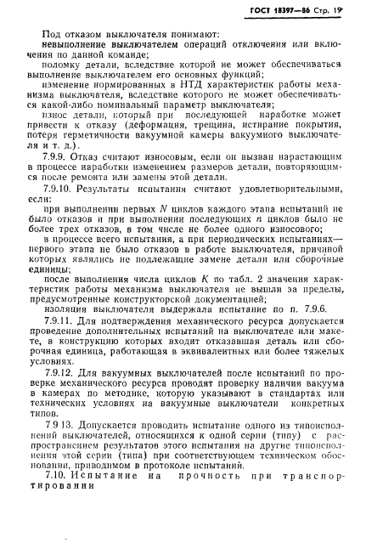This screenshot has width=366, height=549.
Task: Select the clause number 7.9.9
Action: coord(56,181)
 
